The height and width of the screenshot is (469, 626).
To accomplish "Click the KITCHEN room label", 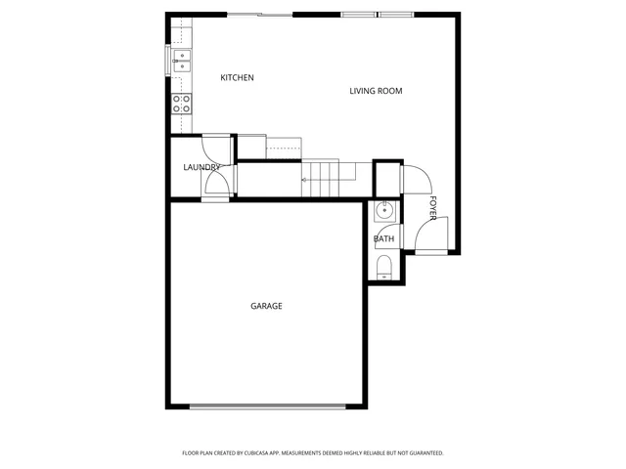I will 237,78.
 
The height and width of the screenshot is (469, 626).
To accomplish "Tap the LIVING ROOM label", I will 377,91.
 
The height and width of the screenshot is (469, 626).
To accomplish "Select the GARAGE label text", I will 266,306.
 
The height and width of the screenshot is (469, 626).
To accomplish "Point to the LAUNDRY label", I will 201,167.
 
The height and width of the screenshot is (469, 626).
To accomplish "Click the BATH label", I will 383,238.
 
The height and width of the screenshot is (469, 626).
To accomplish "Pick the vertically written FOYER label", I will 433,208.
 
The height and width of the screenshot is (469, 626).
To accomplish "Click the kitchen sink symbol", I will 182,61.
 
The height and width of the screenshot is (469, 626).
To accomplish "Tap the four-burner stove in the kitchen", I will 182,103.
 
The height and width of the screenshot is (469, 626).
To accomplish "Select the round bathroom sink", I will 385,209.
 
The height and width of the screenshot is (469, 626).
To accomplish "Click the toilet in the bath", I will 384,266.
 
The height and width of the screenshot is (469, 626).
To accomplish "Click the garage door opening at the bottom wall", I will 267,406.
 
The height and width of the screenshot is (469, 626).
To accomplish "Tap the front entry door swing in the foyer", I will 428,234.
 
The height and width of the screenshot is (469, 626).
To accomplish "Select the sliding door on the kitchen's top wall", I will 259,15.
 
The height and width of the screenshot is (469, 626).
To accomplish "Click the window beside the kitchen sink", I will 168,61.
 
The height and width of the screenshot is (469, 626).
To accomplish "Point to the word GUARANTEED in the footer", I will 422,453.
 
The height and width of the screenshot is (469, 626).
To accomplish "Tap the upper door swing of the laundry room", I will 215,149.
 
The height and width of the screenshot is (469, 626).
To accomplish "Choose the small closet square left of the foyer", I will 387,179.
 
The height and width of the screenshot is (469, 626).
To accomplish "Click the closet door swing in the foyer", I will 415,181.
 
